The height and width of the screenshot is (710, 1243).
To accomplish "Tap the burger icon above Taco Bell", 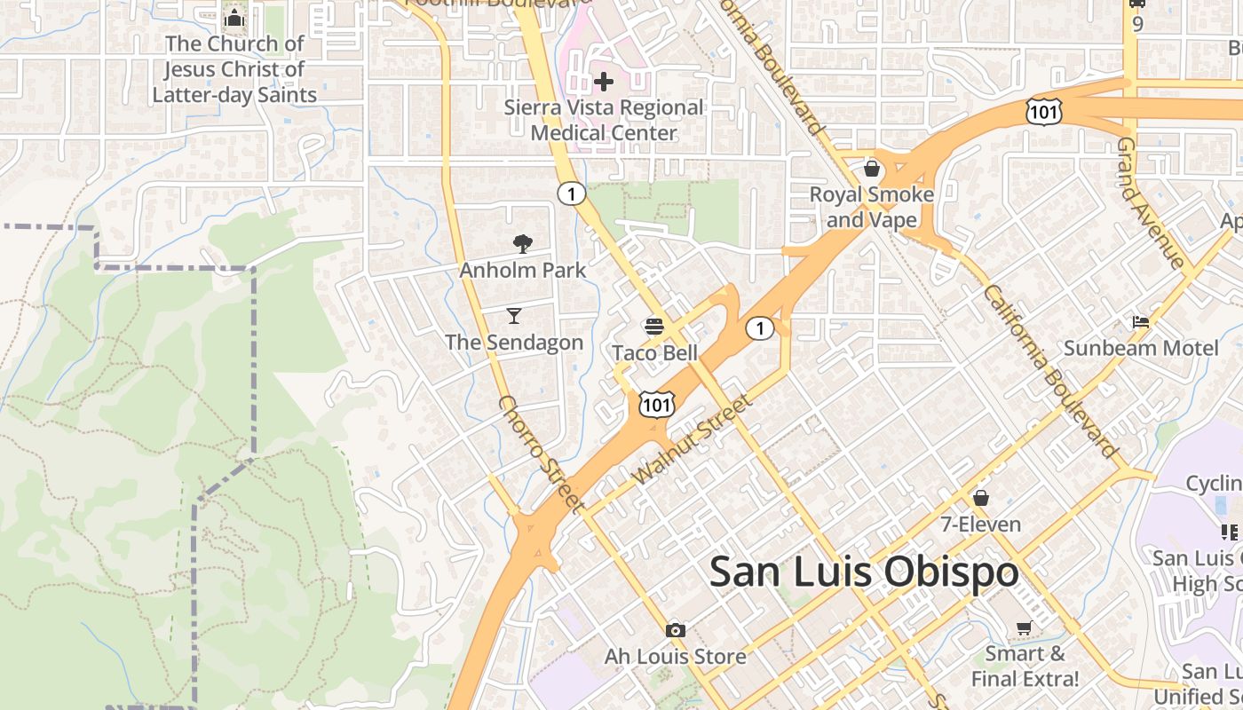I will point(654,326).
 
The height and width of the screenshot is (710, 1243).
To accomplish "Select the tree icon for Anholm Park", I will point(523,244).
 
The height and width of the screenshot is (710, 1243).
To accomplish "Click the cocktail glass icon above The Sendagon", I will point(514,315).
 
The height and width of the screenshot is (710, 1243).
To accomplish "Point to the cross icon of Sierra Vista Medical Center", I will point(604,83).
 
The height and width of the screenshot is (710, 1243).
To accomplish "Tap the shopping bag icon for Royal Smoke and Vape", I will point(872,168).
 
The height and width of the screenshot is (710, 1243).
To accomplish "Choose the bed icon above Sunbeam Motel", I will point(1141,321).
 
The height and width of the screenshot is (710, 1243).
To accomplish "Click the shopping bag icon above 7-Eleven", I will point(981,498).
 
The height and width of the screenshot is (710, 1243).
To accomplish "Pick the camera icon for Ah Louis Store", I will point(676,630).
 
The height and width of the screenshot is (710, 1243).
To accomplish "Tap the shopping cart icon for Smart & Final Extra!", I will point(1024,628).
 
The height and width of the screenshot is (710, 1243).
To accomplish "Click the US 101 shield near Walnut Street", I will point(656,405).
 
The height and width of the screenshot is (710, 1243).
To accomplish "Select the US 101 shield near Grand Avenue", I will point(1042,111).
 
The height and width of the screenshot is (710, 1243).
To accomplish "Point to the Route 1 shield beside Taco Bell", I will point(759,328).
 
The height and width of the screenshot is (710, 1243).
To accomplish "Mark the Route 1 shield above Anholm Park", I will point(571,193).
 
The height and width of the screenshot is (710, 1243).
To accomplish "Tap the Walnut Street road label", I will point(693,439).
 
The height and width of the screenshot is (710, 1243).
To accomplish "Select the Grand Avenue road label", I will point(1152,203).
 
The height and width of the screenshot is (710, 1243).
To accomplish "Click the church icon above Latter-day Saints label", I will point(234,18).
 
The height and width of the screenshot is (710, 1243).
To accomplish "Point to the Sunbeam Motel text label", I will point(1141,348).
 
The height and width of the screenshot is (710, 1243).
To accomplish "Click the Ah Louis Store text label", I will point(676,657).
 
